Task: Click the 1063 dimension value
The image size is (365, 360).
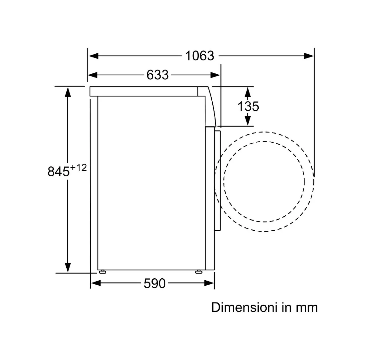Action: coord(200,56)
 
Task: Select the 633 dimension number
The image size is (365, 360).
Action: coord(157,75)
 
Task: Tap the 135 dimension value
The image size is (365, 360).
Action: coord(248,106)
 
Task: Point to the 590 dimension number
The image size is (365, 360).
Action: coord(155,283)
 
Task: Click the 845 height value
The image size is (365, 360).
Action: coord(58,172)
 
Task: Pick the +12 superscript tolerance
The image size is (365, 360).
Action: coord(78,167)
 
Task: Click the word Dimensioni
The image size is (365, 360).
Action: coord(244,307)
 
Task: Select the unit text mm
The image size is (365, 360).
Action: coord(307,308)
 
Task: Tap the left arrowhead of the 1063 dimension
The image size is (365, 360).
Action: coord(94,56)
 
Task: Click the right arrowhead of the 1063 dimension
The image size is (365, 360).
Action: coord(309,56)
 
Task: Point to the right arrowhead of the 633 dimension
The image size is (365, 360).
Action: coord(215,75)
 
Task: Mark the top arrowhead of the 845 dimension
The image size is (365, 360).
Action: coord(68,92)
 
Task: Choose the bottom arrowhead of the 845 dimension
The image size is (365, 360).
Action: coord(68,267)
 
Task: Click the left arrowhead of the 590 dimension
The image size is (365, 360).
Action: coord(96,283)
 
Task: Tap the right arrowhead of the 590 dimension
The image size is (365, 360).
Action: coord(209,283)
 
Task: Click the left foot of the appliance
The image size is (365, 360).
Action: coord(103,272)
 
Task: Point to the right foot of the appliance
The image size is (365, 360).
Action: coord(199,272)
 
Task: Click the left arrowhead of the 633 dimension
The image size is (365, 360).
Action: coord(93,75)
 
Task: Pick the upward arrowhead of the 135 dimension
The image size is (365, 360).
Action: coord(248,92)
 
